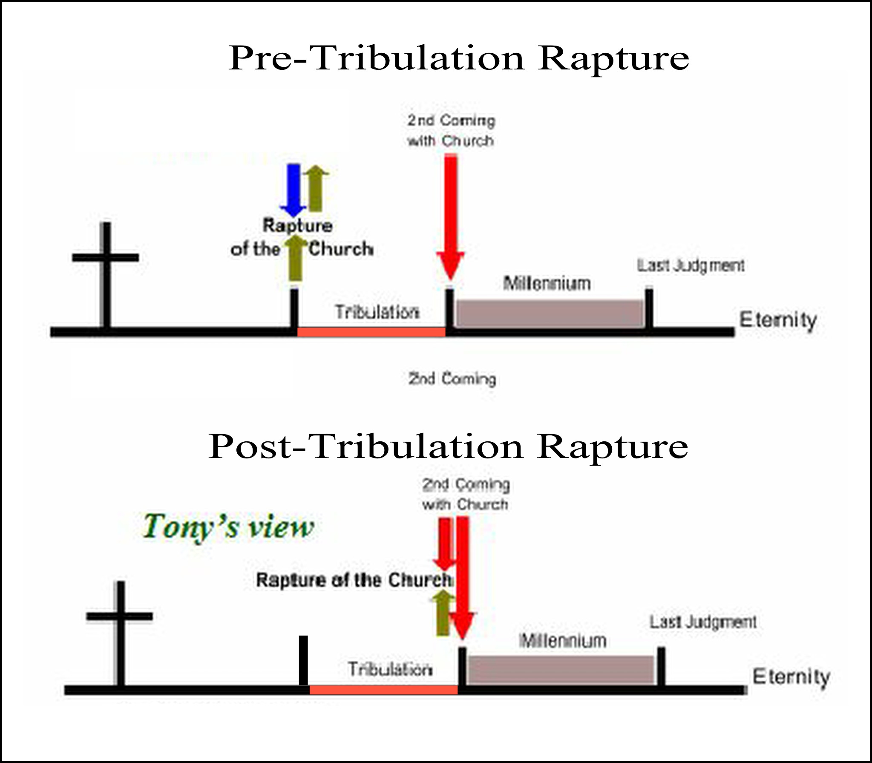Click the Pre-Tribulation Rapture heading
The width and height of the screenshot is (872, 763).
458,58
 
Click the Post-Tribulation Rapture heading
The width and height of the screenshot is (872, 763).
448,447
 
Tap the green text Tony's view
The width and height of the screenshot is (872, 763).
228,527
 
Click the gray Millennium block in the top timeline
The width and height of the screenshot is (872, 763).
550,314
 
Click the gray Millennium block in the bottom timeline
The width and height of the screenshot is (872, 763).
561,670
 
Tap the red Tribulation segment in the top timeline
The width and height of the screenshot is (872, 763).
371,332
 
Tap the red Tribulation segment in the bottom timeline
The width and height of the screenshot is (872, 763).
383,690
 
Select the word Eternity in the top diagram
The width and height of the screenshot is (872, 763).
778,320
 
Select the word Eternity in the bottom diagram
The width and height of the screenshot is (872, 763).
791,677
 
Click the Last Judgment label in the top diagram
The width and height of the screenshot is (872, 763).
691,266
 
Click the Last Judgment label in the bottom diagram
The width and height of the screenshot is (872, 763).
703,622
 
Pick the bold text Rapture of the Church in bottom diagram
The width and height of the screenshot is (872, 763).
354,580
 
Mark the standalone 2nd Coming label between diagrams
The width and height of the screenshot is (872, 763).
452,379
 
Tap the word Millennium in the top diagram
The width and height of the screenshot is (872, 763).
547,284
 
